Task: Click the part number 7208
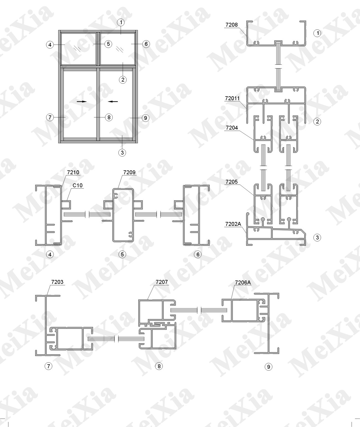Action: (x=231, y=25)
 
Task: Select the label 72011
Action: (x=232, y=98)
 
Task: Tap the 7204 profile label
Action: (x=232, y=128)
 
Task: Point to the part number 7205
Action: (x=232, y=182)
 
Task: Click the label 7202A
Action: (x=233, y=224)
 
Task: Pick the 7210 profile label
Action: (x=73, y=172)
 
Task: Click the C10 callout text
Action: (x=78, y=185)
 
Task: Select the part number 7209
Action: (x=129, y=172)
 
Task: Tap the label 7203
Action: (x=57, y=282)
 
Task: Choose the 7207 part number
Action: (x=162, y=282)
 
